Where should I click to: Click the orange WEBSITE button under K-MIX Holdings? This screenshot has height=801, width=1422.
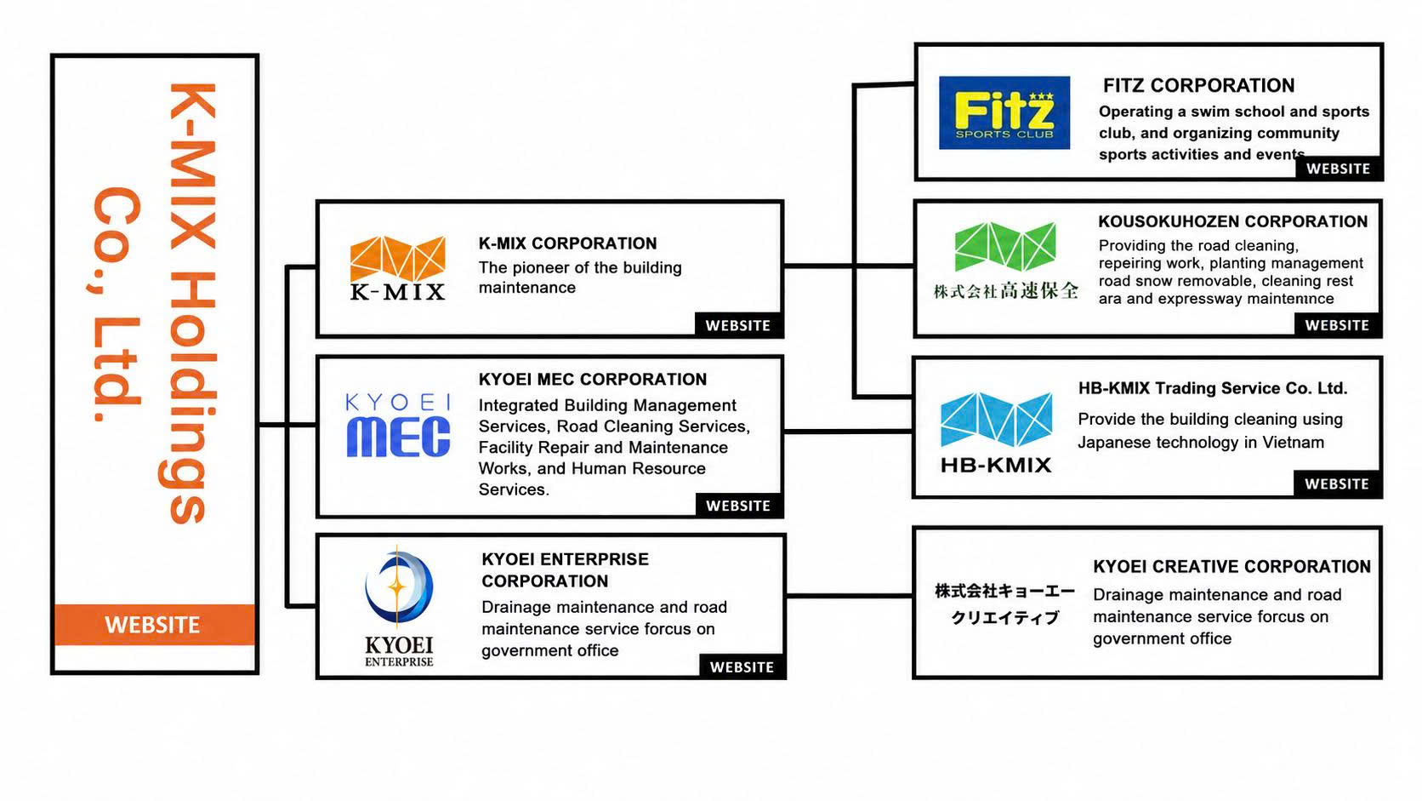click(x=154, y=625)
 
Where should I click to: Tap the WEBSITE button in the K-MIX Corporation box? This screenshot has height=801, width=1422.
click(x=737, y=325)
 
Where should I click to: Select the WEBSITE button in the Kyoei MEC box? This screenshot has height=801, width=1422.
click(x=738, y=506)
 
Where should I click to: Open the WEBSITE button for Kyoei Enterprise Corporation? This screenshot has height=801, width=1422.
click(x=742, y=667)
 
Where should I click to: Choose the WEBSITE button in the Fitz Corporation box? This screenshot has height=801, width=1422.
click(x=1338, y=169)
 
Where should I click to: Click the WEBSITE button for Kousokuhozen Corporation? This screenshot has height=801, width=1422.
click(x=1337, y=325)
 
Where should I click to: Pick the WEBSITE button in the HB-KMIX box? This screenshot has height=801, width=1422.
click(x=1336, y=484)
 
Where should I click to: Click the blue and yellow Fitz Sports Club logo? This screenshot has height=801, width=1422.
click(x=1004, y=112)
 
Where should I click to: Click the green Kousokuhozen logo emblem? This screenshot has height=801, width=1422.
click(x=1005, y=246)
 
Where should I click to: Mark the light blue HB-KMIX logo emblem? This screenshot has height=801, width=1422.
click(x=996, y=419)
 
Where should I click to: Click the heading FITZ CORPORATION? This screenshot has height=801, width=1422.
click(x=1198, y=85)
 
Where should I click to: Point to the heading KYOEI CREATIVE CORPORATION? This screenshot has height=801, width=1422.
click(x=1231, y=567)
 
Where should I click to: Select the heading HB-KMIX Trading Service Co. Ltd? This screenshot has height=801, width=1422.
click(x=1213, y=388)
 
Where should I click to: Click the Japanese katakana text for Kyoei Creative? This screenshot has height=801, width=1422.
click(x=1005, y=604)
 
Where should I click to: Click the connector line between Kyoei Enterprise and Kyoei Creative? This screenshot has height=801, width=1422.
click(x=850, y=596)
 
